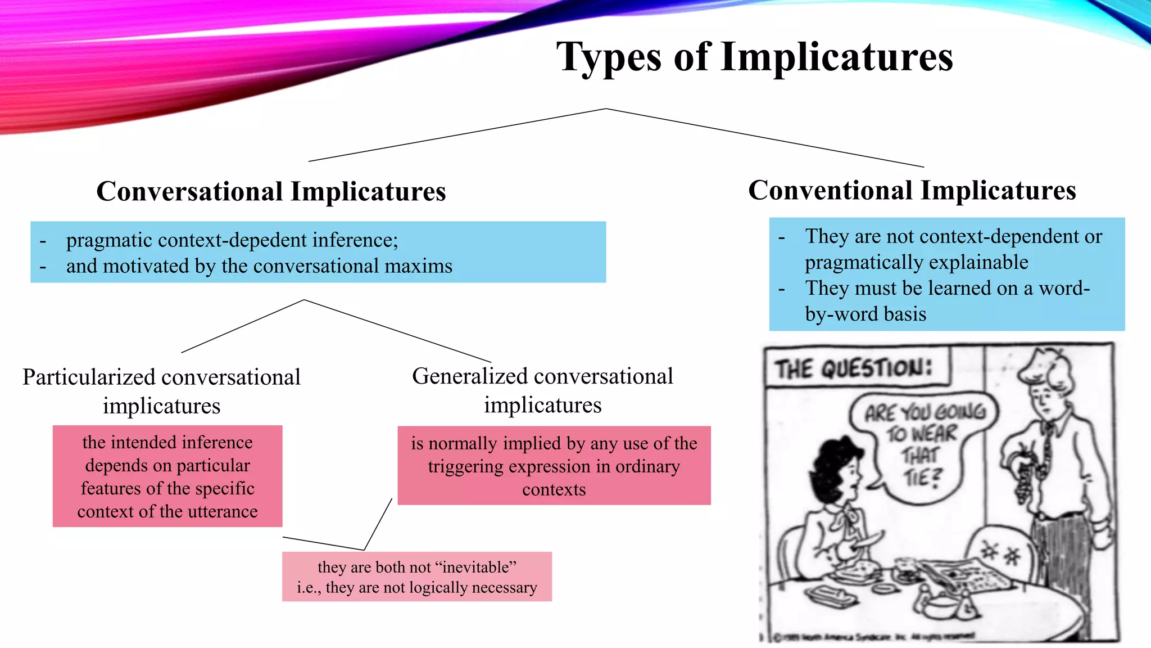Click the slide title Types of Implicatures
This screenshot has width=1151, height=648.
click(x=754, y=57)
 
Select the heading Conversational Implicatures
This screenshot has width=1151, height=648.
click(x=271, y=191)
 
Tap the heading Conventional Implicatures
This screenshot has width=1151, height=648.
click(x=912, y=190)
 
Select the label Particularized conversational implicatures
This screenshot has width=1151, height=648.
click(x=162, y=391)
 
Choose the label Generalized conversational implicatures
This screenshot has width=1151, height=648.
click(x=542, y=390)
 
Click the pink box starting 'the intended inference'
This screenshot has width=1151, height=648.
click(x=167, y=476)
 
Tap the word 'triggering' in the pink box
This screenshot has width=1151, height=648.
click(x=460, y=466)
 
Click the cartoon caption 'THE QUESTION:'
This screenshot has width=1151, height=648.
click(x=854, y=369)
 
